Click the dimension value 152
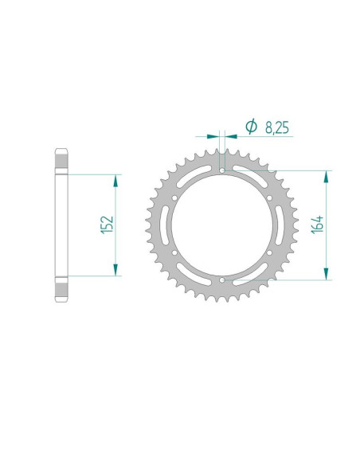tap(108, 225)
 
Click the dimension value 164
tap(318, 225)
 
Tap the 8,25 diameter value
tap(277, 127)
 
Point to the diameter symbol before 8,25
tap(251, 127)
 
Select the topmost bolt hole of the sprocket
tap(222, 170)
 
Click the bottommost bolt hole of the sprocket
tap(222, 280)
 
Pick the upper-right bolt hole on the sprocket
tap(269, 197)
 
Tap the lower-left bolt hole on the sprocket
tap(174, 252)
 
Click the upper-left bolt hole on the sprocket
tap(174, 197)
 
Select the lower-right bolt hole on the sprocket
tap(269, 252)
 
